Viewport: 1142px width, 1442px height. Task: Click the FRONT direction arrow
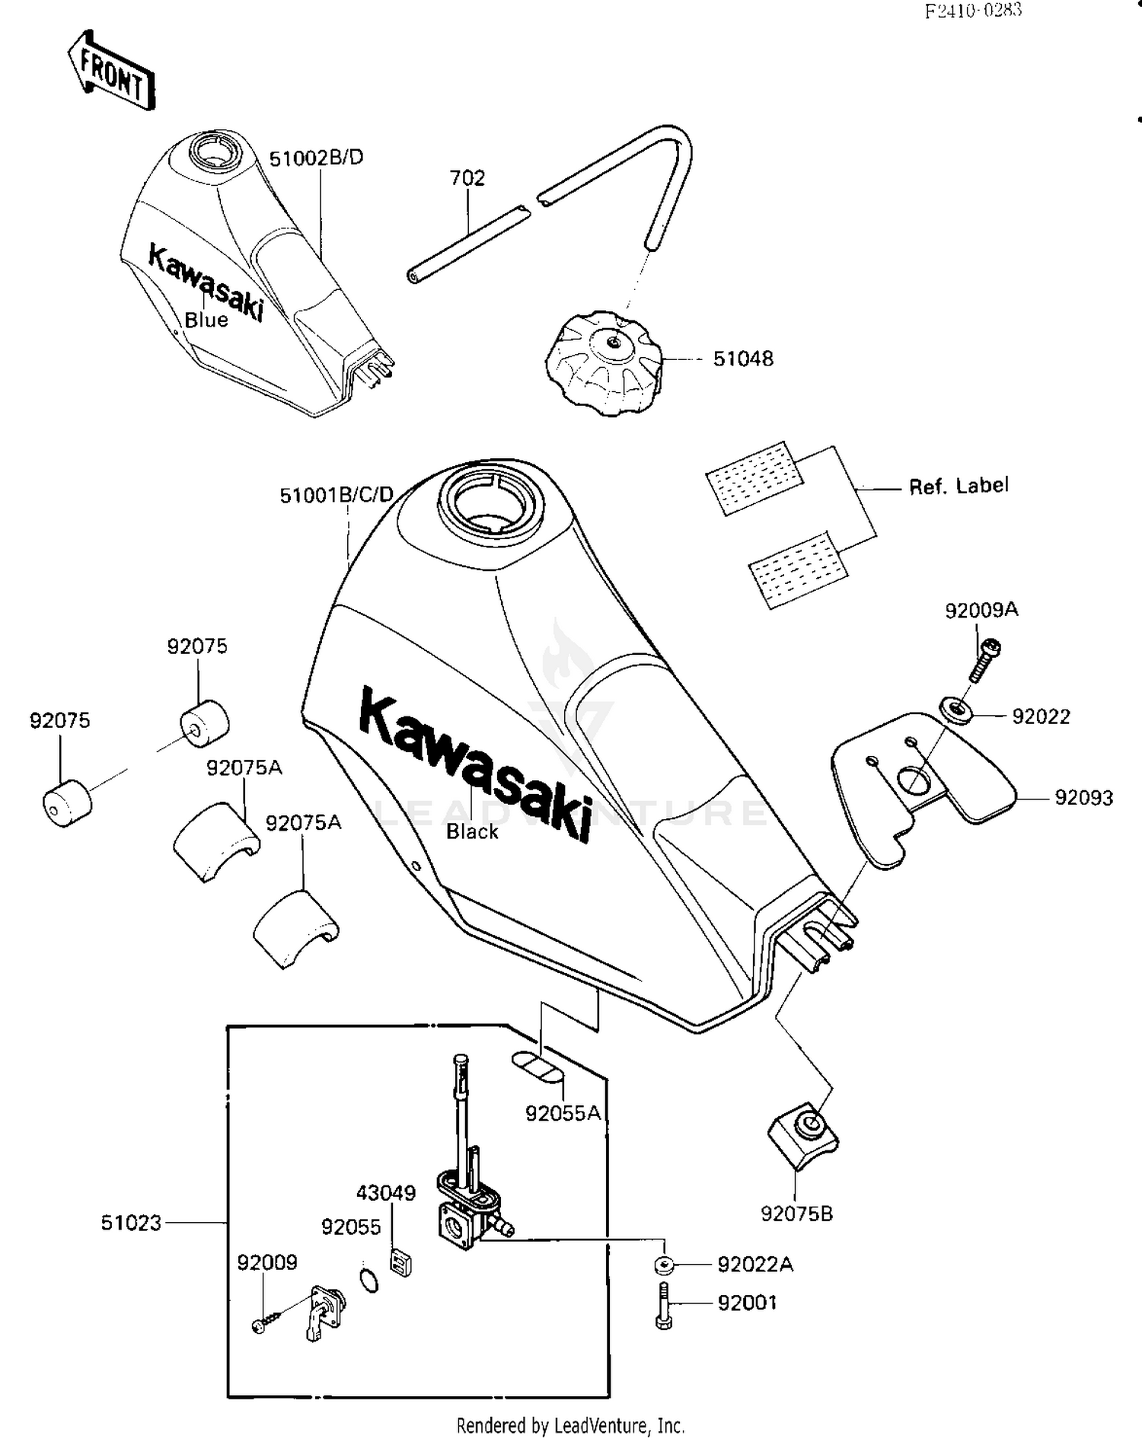pyautogui.click(x=112, y=71)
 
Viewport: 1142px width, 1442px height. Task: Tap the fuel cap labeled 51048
pyautogui.click(x=604, y=364)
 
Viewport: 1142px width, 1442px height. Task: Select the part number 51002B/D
pyautogui.click(x=316, y=158)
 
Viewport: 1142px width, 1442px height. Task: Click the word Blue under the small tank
pyautogui.click(x=206, y=320)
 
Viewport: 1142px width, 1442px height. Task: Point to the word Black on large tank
pyautogui.click(x=472, y=831)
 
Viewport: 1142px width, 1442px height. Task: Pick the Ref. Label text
pyautogui.click(x=959, y=486)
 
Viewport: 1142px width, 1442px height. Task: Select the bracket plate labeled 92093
pyautogui.click(x=921, y=784)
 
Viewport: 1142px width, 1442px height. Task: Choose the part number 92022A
pyautogui.click(x=755, y=1265)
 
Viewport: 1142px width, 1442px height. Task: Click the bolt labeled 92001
pyautogui.click(x=663, y=1305)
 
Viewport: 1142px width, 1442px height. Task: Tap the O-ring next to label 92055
pyautogui.click(x=368, y=1280)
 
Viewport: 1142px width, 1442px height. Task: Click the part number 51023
pyautogui.click(x=131, y=1223)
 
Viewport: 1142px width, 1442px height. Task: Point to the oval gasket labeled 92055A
pyautogui.click(x=538, y=1066)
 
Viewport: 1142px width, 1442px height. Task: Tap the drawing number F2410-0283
pyautogui.click(x=973, y=11)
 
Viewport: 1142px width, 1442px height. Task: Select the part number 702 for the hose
pyautogui.click(x=467, y=178)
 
